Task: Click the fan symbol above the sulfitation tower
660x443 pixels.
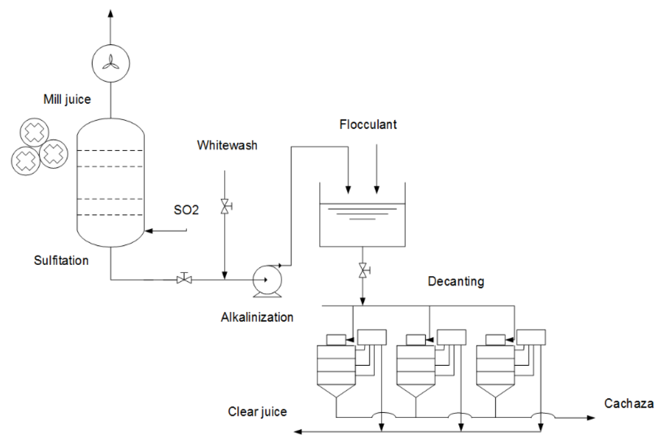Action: [111, 63]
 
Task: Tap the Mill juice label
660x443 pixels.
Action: [67, 99]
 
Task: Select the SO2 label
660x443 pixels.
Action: [186, 210]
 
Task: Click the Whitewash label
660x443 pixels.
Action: [227, 145]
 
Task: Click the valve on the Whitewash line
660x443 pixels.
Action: [225, 206]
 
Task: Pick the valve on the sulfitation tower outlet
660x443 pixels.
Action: [184, 279]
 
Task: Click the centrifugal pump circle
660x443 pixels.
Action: [267, 280]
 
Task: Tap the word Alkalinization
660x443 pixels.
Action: [257, 317]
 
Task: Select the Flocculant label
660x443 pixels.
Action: [368, 125]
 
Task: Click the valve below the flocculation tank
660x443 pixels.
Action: [363, 270]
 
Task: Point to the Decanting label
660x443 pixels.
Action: [456, 281]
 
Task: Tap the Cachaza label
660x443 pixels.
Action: [628, 403]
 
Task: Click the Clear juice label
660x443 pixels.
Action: [257, 412]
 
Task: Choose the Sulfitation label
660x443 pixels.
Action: [61, 261]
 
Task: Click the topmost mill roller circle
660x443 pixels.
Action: [34, 132]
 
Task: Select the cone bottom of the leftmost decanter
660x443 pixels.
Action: [336, 390]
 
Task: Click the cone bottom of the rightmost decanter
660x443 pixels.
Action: [495, 390]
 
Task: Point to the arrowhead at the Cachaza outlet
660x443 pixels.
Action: [591, 418]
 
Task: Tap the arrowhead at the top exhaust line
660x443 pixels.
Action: [111, 13]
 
